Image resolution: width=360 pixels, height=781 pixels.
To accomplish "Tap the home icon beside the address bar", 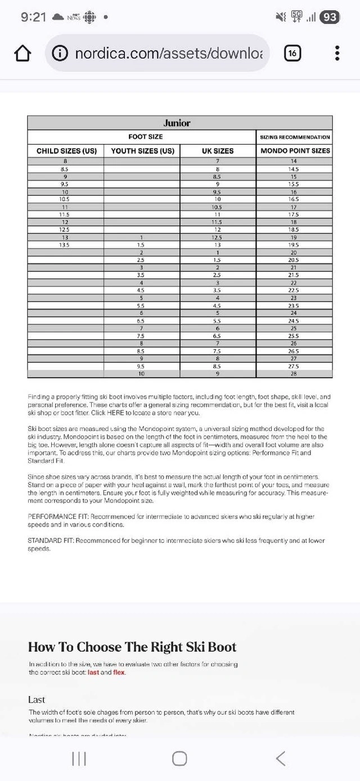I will point(22,53).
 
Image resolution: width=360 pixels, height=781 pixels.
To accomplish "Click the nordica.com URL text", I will point(169,53).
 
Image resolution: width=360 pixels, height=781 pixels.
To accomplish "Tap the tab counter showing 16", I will point(292,53).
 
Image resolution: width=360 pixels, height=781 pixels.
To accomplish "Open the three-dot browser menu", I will point(337,53).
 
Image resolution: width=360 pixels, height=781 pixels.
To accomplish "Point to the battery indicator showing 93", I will point(330,17).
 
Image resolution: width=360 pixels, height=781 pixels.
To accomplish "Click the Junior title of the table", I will point(177,123).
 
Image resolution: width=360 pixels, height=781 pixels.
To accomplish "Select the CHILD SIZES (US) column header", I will point(66,151).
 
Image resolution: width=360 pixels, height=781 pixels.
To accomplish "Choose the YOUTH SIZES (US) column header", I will point(143,151).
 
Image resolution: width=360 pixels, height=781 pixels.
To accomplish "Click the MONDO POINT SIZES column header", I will point(295,151).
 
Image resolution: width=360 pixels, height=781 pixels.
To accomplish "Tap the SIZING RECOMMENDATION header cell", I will point(295,137).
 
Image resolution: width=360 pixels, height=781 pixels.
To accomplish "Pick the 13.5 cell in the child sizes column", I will point(65,245).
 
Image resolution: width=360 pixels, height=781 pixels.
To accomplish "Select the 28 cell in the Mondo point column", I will point(294,374).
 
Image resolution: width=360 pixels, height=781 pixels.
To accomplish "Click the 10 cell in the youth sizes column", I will point(142,374).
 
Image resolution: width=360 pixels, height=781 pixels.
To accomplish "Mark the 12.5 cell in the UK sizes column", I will point(217,237).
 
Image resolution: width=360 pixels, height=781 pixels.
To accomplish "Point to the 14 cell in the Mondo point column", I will point(294,161).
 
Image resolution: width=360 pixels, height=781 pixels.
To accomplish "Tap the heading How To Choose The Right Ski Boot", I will point(132,647).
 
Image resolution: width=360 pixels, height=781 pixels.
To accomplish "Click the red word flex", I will point(119,672).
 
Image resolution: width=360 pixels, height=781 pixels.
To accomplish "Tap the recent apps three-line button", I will point(79,758).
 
